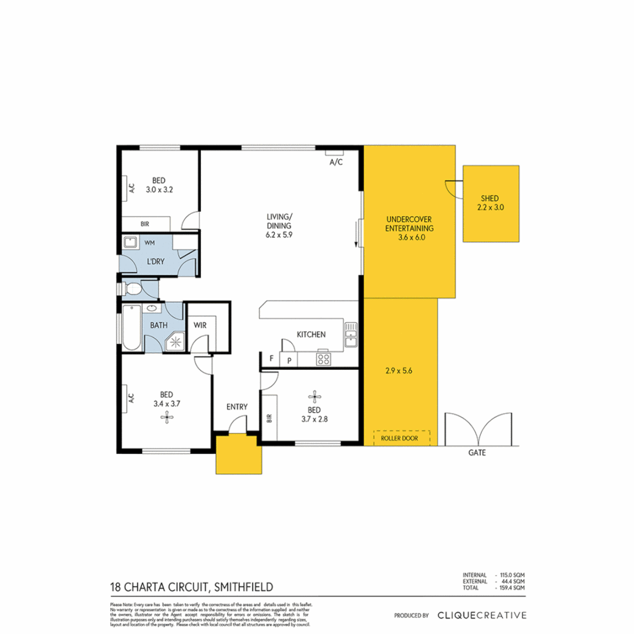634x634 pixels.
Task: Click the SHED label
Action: pyautogui.click(x=491, y=198)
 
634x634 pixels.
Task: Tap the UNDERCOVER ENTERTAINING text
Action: pyautogui.click(x=410, y=224)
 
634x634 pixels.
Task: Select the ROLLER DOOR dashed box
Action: pyautogui.click(x=402, y=438)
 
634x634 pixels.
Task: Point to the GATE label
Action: pyautogui.click(x=477, y=453)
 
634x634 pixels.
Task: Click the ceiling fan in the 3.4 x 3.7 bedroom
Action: pyautogui.click(x=166, y=417)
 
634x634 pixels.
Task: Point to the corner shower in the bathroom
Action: pyautogui.click(x=174, y=341)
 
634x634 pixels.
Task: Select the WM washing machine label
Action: pyautogui.click(x=149, y=242)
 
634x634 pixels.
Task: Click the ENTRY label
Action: pyautogui.click(x=237, y=407)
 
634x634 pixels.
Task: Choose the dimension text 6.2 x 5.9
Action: pyautogui.click(x=278, y=232)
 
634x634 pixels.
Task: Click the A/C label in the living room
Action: pyautogui.click(x=336, y=162)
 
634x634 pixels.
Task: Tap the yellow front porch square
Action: pyautogui.click(x=237, y=454)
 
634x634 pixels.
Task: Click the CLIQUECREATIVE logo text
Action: pyautogui.click(x=481, y=615)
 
